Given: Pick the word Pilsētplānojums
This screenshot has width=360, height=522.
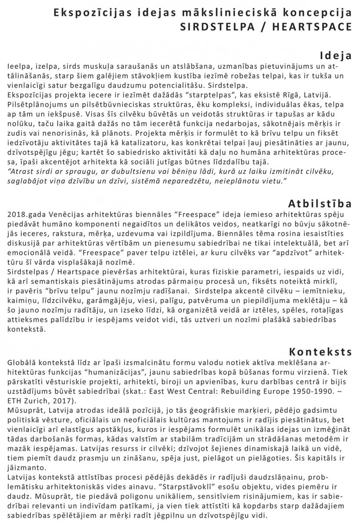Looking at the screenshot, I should point(36,105).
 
